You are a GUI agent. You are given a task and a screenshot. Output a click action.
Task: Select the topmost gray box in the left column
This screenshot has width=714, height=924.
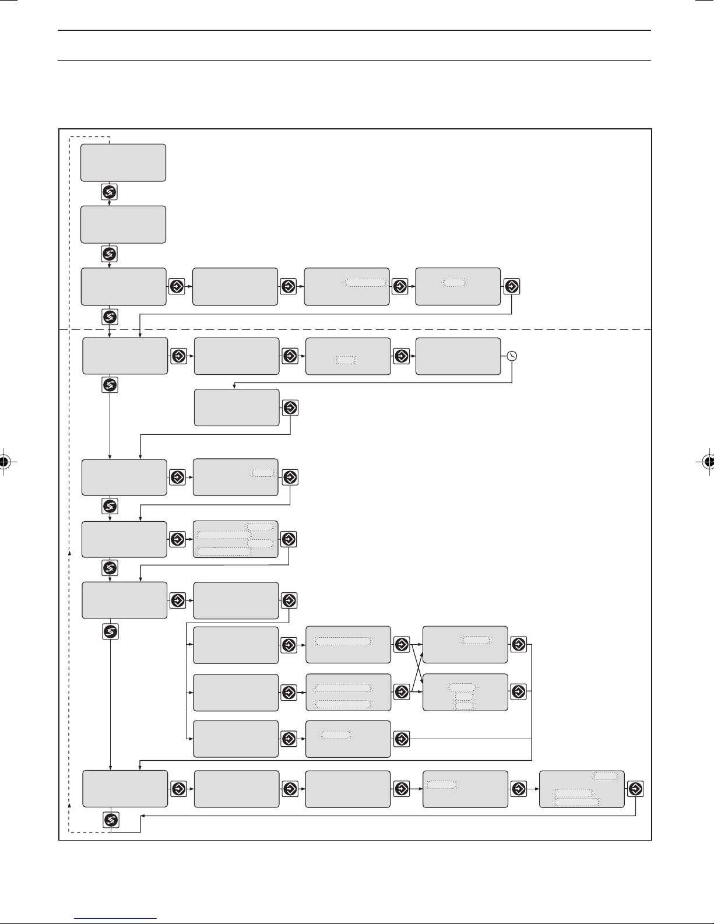tap(123, 163)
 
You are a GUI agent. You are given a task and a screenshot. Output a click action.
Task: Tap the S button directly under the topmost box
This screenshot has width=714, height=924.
tap(110, 192)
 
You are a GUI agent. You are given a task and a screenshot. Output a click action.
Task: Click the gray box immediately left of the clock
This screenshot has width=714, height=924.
tap(458, 356)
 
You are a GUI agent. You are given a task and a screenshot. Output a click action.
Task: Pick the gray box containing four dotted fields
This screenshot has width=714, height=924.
tap(235, 539)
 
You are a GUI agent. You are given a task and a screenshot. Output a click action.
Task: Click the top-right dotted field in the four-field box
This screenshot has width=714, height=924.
tap(260, 526)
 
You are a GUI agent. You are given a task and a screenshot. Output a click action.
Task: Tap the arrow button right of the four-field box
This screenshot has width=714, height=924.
tap(289, 539)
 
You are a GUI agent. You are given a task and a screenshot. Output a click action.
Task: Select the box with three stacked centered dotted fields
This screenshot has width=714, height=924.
tap(465, 691)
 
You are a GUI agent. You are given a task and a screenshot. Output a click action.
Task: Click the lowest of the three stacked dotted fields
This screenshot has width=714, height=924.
tap(464, 706)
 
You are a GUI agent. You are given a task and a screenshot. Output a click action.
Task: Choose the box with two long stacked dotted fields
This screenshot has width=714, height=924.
tap(348, 692)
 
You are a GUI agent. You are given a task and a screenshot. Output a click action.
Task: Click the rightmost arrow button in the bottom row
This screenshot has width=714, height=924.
tap(636, 789)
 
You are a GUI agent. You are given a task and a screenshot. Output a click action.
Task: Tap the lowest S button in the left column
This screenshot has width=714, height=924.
tap(110, 820)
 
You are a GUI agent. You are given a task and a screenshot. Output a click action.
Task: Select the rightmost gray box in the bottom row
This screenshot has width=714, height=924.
tap(582, 789)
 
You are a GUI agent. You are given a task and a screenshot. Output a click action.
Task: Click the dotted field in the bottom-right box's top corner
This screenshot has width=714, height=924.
tap(606, 777)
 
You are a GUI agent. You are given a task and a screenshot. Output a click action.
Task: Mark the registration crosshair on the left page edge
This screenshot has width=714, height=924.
tap(5, 462)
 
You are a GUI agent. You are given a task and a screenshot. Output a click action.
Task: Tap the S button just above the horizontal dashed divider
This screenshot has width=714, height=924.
tap(110, 317)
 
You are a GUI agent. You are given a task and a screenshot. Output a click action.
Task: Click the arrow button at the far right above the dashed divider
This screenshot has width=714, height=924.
tap(511, 286)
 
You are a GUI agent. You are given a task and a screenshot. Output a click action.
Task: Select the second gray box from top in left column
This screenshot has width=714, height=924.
tap(123, 224)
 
